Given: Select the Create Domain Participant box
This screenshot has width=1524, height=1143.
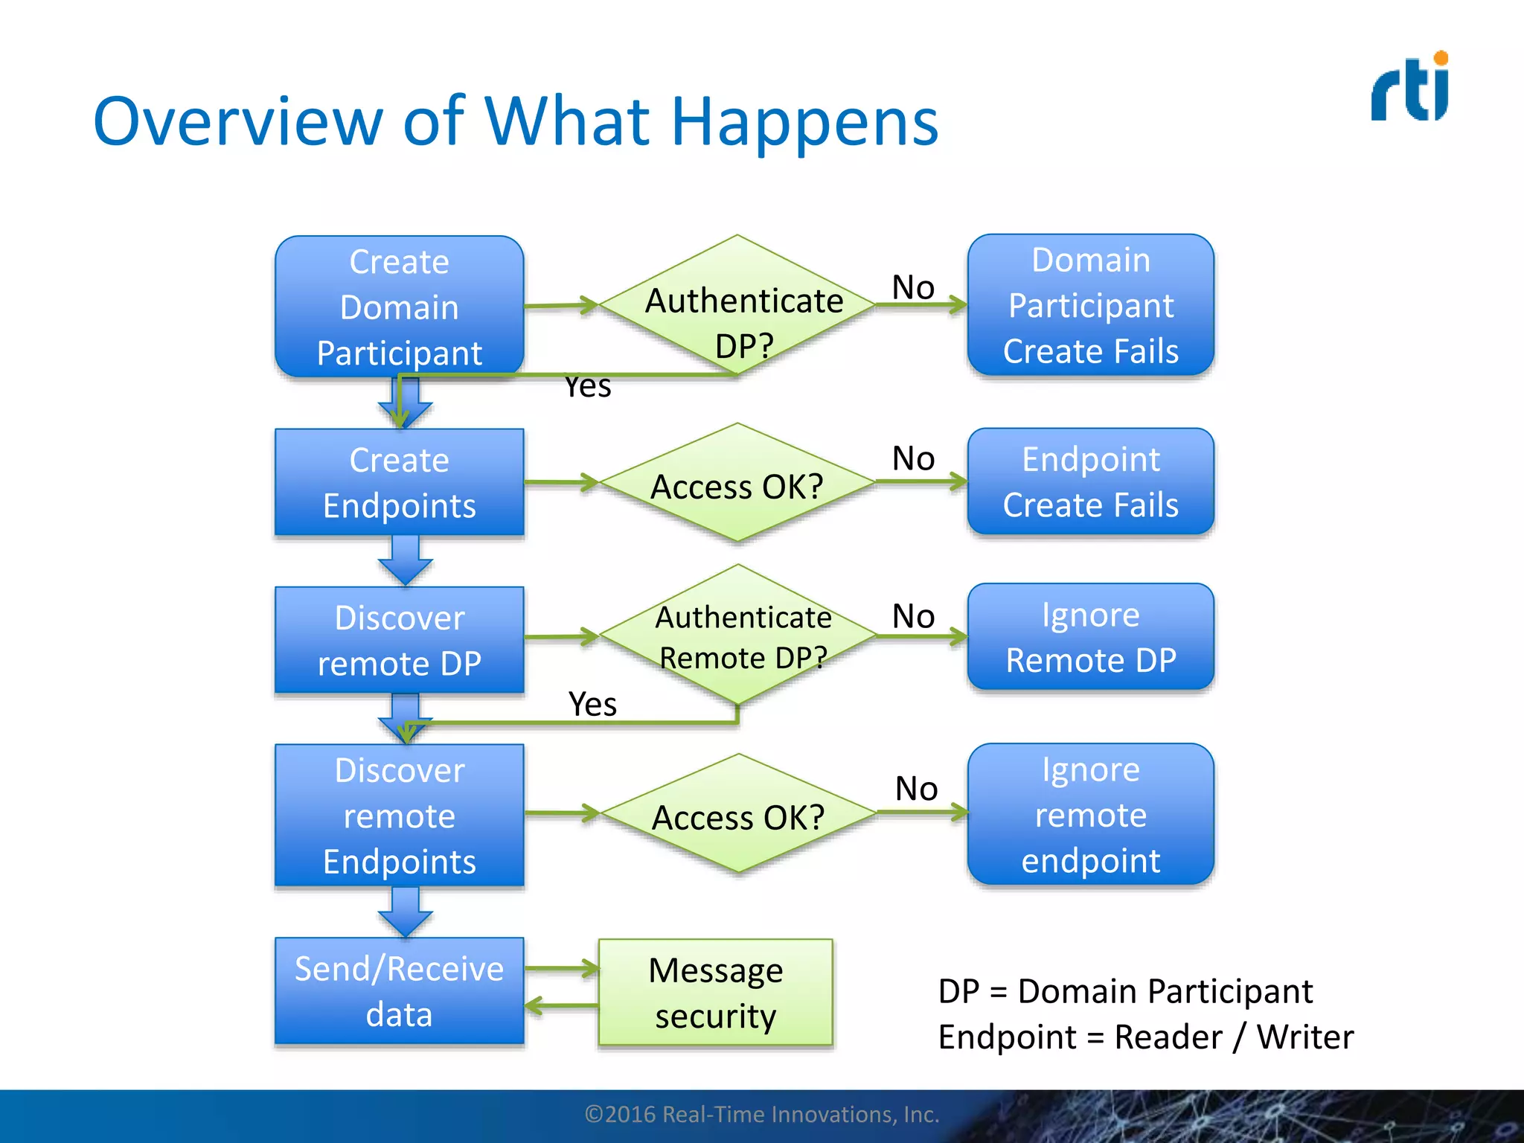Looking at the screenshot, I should (x=400, y=307).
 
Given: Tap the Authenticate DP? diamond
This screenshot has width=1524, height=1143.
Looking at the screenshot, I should (x=738, y=305).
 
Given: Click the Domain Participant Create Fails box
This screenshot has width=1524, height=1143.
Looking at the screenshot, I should (x=1090, y=305).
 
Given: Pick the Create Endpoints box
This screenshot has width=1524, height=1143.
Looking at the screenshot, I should (x=400, y=482).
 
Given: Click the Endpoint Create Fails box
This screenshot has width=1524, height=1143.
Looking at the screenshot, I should (x=1090, y=481).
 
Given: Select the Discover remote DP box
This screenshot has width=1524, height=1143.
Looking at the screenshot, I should (x=400, y=640).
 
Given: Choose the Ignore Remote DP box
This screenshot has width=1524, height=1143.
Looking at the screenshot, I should (x=1090, y=637).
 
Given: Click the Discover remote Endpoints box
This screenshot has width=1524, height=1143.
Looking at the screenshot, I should (x=400, y=816).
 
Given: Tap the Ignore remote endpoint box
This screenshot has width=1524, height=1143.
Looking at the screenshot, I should (x=1090, y=814).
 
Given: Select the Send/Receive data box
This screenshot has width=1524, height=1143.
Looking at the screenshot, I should (x=400, y=991).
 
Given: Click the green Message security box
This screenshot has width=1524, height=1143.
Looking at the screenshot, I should (x=716, y=993).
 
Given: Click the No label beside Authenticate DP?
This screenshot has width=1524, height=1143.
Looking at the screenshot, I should (x=913, y=287).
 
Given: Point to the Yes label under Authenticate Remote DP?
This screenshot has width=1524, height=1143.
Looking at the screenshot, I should (x=592, y=704).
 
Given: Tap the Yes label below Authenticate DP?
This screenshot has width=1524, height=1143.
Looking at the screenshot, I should (x=588, y=387).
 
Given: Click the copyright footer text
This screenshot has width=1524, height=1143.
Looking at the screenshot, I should (x=762, y=1114).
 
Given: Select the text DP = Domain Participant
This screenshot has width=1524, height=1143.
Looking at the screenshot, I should (x=1125, y=991).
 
